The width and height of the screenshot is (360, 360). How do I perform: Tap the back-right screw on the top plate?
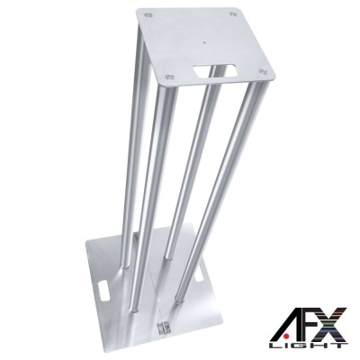point(234,13)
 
